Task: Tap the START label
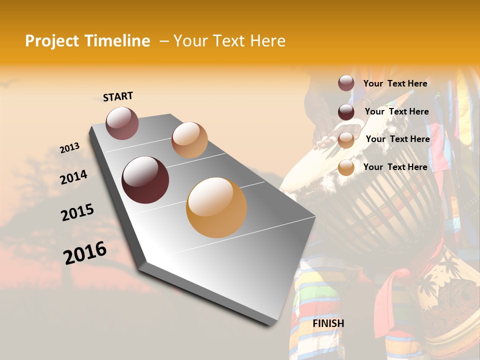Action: pyautogui.click(x=118, y=96)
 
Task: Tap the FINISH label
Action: pyautogui.click(x=328, y=323)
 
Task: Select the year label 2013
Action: pyautogui.click(x=70, y=148)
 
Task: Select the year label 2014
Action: pyautogui.click(x=74, y=177)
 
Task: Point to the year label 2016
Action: pyautogui.click(x=85, y=253)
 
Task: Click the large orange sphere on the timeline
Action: pyautogui.click(x=216, y=207)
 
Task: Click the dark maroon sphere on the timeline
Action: pyautogui.click(x=145, y=180)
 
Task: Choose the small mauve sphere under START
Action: pyautogui.click(x=122, y=123)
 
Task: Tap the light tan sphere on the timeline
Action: pyautogui.click(x=189, y=140)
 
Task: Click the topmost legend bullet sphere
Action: pyautogui.click(x=346, y=83)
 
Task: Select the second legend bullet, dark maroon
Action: pyautogui.click(x=346, y=112)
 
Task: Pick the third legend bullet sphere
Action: pyautogui.click(x=346, y=140)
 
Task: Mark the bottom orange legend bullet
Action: pyautogui.click(x=346, y=168)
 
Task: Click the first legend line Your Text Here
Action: pyautogui.click(x=395, y=83)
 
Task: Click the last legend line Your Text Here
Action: pyautogui.click(x=395, y=167)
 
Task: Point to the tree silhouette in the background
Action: pyautogui.click(x=45, y=200)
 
